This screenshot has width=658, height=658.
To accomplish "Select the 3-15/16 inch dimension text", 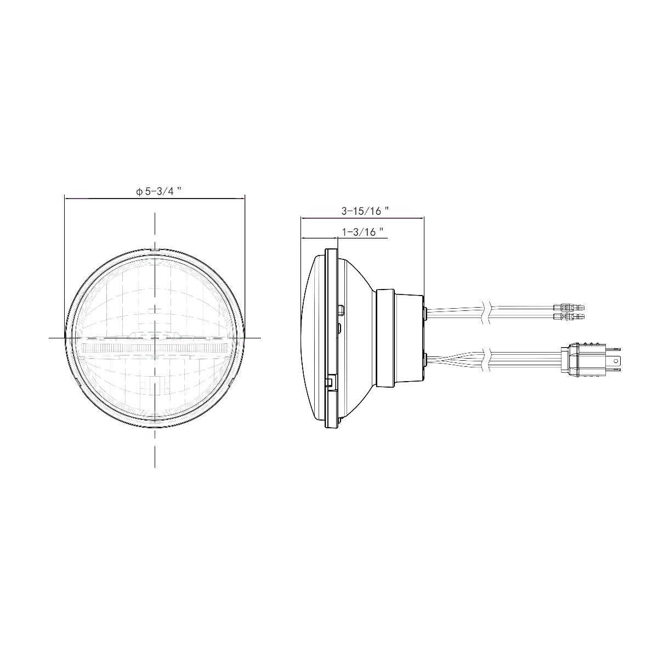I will pyautogui.click(x=365, y=211).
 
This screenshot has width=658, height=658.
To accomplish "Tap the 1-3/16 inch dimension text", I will pyautogui.click(x=362, y=232).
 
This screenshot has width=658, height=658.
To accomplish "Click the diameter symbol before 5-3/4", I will pyautogui.click(x=140, y=192).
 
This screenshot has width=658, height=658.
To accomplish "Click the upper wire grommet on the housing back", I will pyautogui.click(x=426, y=313).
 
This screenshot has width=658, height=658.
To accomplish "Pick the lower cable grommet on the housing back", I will pyautogui.click(x=426, y=360).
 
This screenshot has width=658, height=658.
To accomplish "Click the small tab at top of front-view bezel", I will pyautogui.click(x=155, y=250).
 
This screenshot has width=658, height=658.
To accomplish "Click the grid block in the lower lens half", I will pyautogui.click(x=155, y=387).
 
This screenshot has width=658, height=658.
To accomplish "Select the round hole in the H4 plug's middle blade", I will pyautogui.click(x=619, y=361).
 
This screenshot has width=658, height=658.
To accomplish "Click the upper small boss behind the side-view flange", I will pyautogui.click(x=341, y=310).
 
